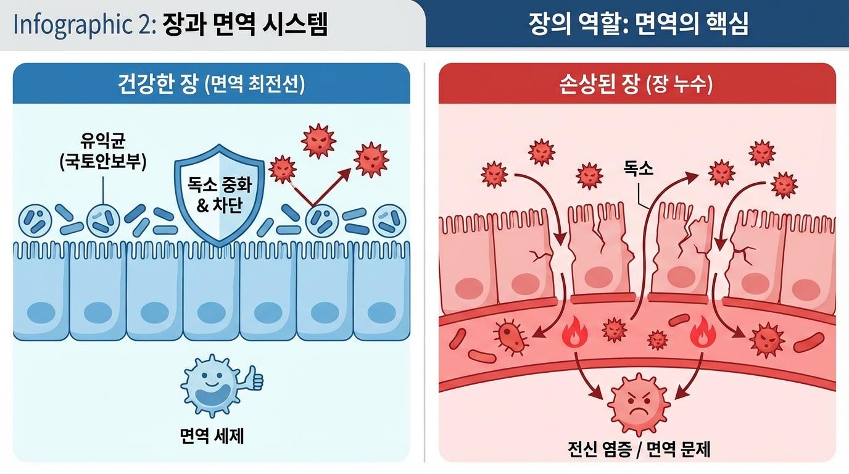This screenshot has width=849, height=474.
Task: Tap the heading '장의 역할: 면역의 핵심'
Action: click(x=638, y=24)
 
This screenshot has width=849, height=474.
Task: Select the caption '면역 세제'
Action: click(x=212, y=436)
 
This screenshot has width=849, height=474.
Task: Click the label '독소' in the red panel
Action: click(x=638, y=168)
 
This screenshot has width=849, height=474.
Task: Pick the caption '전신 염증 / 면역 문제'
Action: click(x=639, y=449)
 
